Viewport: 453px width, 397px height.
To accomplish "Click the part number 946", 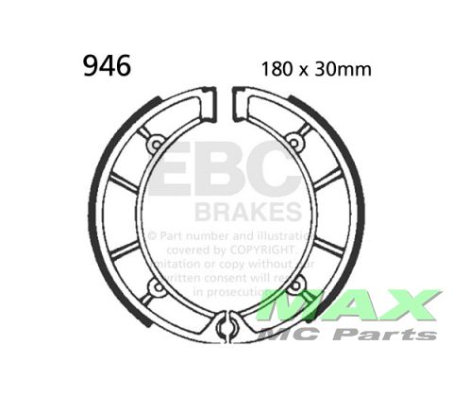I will [107, 65].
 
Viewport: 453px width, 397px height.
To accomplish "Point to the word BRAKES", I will [249, 210].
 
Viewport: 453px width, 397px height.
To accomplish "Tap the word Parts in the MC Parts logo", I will [393, 334].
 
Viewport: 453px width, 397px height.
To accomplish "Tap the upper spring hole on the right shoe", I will [294, 143].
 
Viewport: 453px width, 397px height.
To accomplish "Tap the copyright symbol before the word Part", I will [152, 231].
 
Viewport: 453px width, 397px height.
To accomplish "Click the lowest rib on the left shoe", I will [126, 251].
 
